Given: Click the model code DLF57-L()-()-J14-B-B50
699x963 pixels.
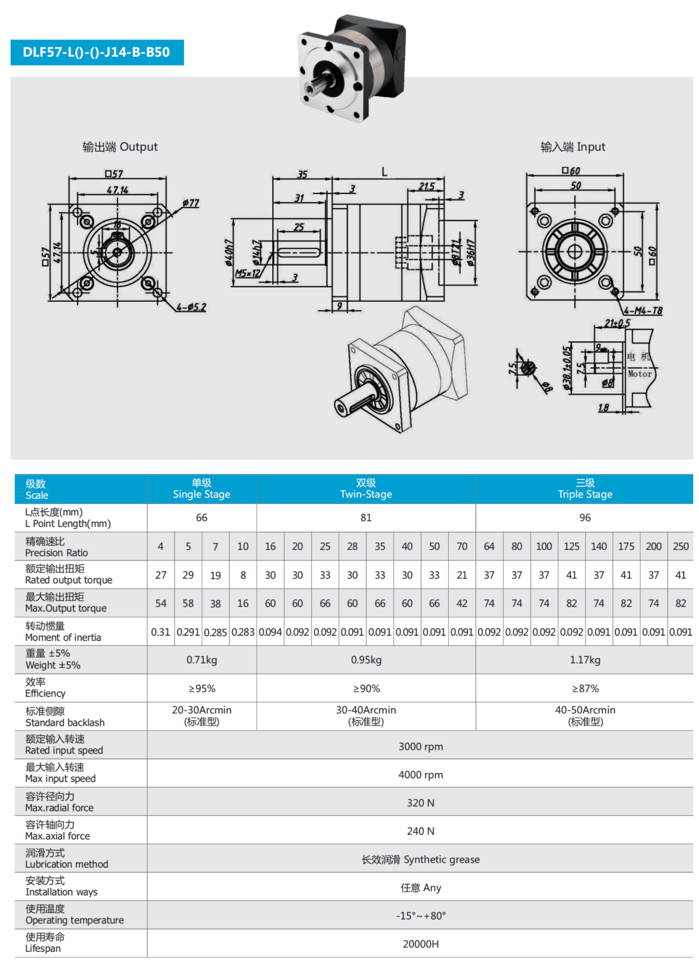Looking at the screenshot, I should pyautogui.click(x=96, y=52).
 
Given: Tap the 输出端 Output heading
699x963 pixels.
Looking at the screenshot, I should pyautogui.click(x=120, y=147).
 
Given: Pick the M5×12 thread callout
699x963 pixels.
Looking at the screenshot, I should pyautogui.click(x=247, y=273).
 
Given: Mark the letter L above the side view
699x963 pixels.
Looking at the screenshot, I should pyautogui.click(x=384, y=172).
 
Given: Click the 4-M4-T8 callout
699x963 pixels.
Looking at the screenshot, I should pyautogui.click(x=643, y=311).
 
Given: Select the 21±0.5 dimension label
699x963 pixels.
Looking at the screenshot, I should pyautogui.click(x=617, y=323).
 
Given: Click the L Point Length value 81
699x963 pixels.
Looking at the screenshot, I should pyautogui.click(x=366, y=518).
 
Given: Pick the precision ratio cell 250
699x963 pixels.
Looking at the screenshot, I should pyautogui.click(x=680, y=547).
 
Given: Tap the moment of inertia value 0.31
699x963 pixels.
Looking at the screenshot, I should pyautogui.click(x=160, y=632).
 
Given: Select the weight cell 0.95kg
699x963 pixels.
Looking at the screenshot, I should pyautogui.click(x=366, y=660).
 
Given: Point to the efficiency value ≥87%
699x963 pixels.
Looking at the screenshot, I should pyautogui.click(x=585, y=688).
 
